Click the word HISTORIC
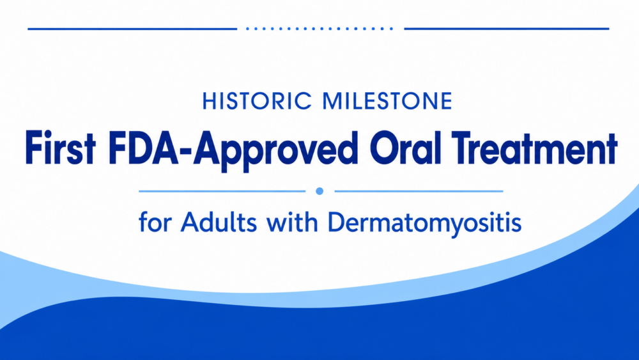(x=257, y=101)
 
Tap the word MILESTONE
(x=388, y=101)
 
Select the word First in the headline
(x=60, y=148)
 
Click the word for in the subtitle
(x=155, y=222)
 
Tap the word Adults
(x=219, y=222)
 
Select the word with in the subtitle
(x=292, y=222)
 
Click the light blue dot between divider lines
(x=320, y=191)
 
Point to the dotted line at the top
(x=320, y=29)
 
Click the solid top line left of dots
(x=132, y=29)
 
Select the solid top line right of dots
(x=507, y=29)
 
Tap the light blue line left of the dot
(x=222, y=191)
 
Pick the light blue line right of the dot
(x=419, y=191)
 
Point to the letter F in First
(x=34, y=148)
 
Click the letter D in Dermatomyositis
(x=337, y=222)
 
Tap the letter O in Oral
(x=387, y=148)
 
